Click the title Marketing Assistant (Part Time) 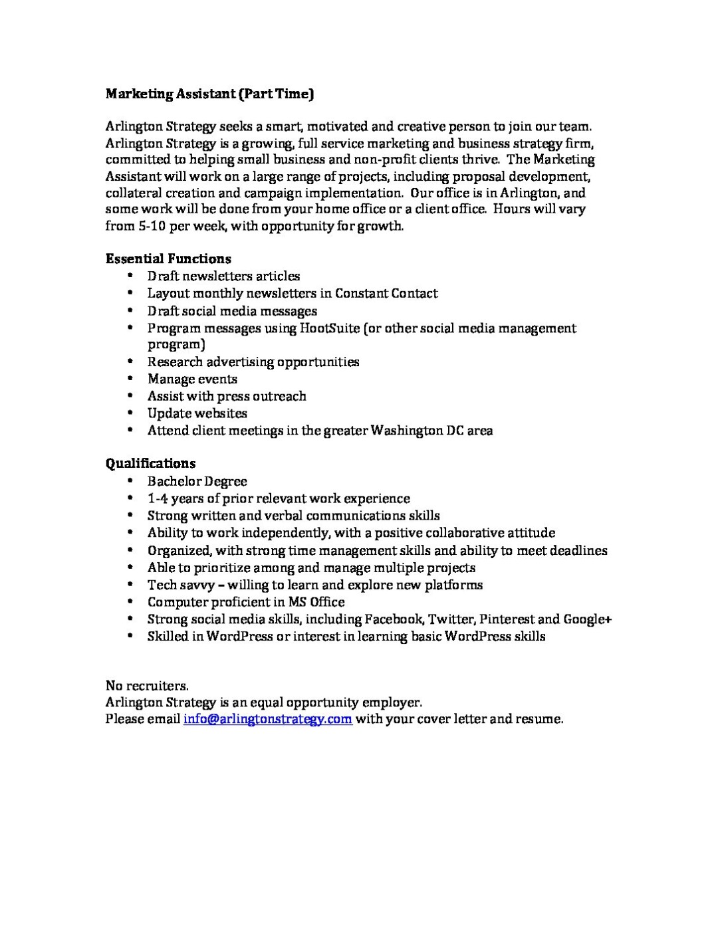click(209, 94)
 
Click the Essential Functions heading click(168, 258)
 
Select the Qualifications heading click(150, 463)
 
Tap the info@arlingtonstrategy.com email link click(267, 719)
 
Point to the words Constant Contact click(386, 293)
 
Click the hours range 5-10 click(148, 226)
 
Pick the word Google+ click(588, 619)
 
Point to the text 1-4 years click(176, 498)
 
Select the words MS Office click(316, 602)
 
